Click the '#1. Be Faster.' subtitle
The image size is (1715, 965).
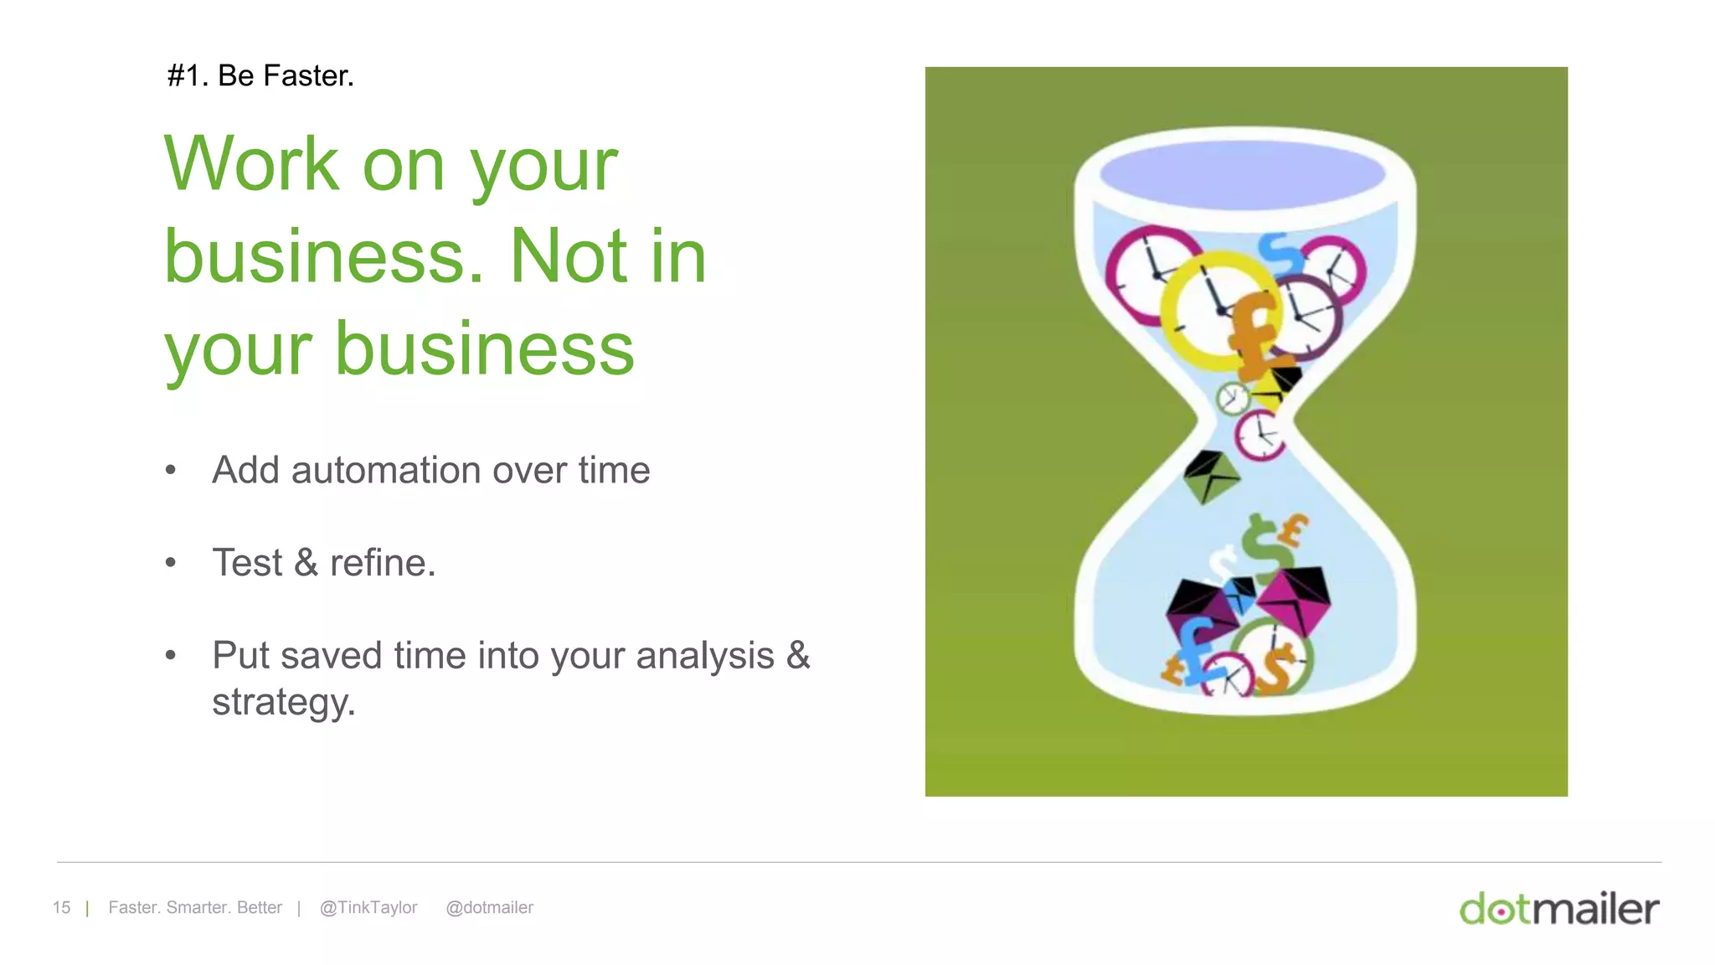coord(260,76)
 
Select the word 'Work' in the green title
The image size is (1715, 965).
coord(250,164)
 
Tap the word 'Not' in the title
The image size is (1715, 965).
coord(568,256)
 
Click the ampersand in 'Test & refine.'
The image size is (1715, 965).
coord(306,563)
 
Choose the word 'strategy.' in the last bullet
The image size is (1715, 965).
coord(283,702)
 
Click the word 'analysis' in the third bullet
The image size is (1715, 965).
coord(704,656)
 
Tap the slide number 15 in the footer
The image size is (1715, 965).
coord(61,907)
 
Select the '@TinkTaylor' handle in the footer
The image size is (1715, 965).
coord(368,907)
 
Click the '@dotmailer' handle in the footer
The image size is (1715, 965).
coord(489,907)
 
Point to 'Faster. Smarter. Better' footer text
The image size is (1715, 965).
coord(195,907)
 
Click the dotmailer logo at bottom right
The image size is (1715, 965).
coord(1558,909)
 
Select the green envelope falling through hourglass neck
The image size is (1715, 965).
coord(1209,476)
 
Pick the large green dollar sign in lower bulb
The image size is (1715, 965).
coord(1266,549)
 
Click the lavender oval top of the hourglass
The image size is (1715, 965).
coord(1242,174)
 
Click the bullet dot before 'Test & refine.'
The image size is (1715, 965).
coord(171,563)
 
